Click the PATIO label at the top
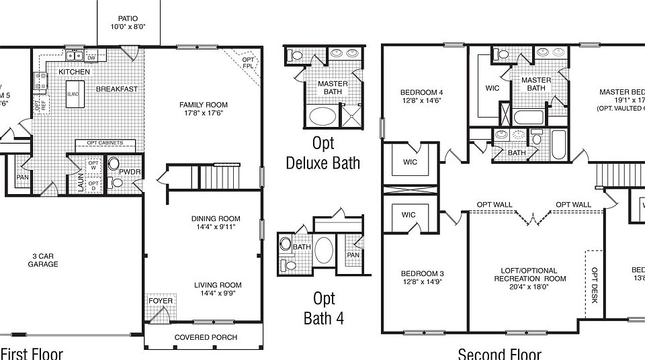point(128,18)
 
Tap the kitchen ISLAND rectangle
point(73,94)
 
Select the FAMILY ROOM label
point(203,105)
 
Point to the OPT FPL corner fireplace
point(249,64)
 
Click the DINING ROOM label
point(216,219)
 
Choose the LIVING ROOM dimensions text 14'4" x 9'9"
point(216,294)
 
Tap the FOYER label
point(161,300)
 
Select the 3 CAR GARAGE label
point(43,260)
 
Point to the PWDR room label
point(129,172)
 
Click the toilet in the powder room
point(114,163)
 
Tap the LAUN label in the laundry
point(81,183)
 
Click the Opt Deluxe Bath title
point(322,153)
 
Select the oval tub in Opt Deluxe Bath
point(323,116)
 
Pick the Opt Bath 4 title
point(323,308)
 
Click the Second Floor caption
point(499,353)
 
